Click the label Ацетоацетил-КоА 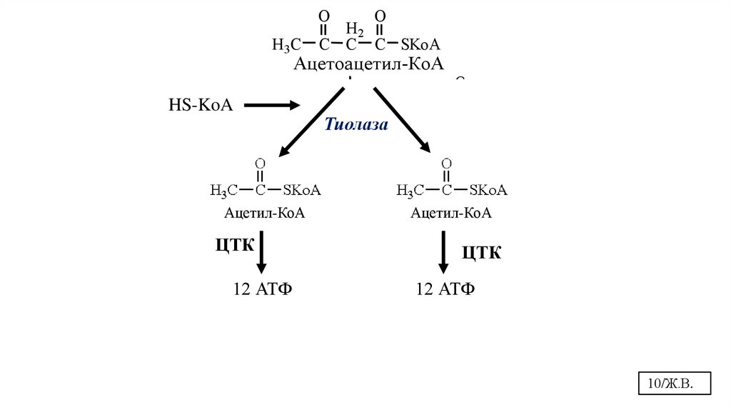[368, 64]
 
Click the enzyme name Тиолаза [356, 125]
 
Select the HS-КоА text [201, 106]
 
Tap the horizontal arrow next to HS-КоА [272, 106]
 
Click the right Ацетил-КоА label [451, 213]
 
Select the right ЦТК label [482, 252]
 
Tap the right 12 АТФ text [445, 289]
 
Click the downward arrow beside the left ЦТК [262, 251]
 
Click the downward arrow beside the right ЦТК [443, 251]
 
